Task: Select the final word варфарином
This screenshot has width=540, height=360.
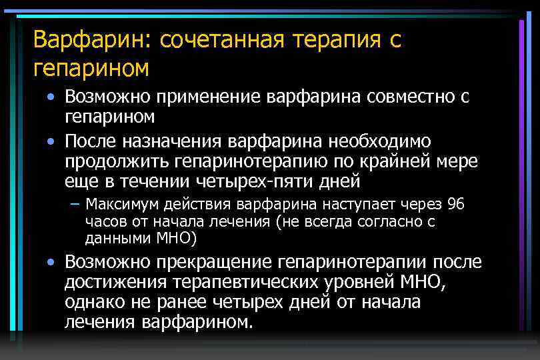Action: click(198, 322)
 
